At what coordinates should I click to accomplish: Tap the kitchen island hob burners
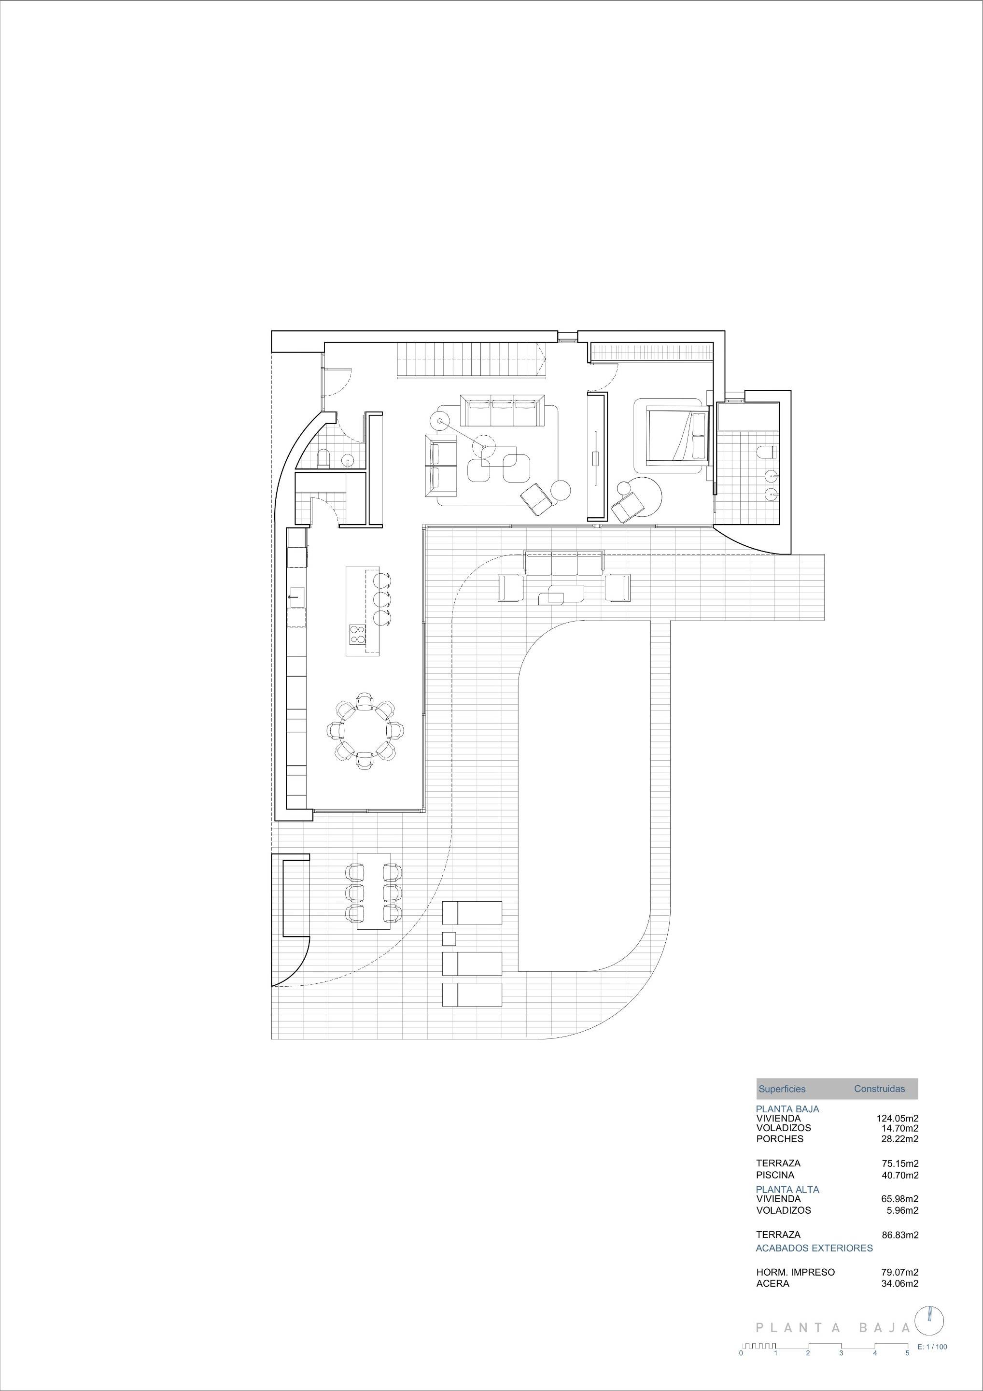pyautogui.click(x=357, y=634)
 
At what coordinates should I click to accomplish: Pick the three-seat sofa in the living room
pyautogui.click(x=503, y=411)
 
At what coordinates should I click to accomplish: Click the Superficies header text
pyautogui.click(x=782, y=1089)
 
